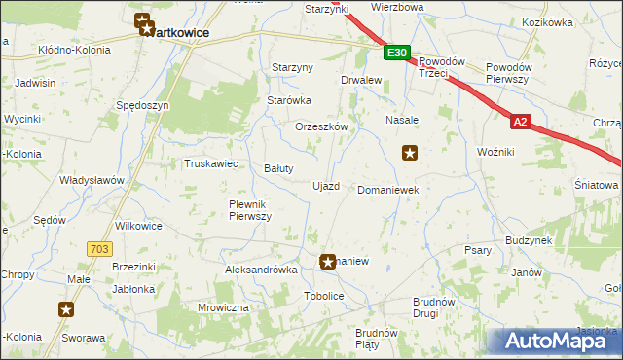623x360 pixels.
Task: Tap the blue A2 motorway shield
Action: [x=523, y=122]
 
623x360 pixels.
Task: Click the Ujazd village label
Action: [x=325, y=186]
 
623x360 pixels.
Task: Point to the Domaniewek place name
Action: [x=388, y=190]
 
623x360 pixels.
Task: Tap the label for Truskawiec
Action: [x=211, y=163]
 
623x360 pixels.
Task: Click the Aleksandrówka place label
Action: [x=260, y=270]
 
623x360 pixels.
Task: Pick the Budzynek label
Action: [x=529, y=239]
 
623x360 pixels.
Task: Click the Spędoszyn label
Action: [x=142, y=104]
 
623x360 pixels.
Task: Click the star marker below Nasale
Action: [x=411, y=152]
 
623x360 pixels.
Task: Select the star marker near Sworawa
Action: [x=66, y=309]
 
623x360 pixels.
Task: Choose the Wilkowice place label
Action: [x=138, y=225]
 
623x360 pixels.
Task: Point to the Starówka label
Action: [x=288, y=99]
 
